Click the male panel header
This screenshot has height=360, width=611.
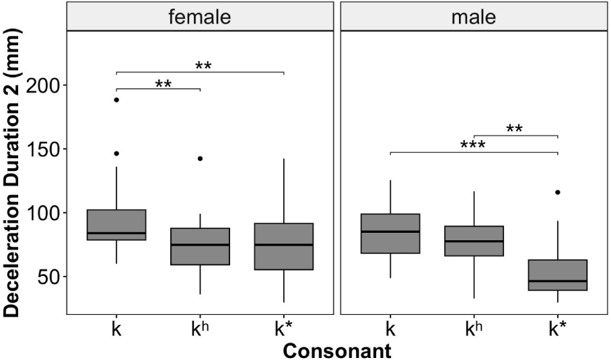pyautogui.click(x=474, y=16)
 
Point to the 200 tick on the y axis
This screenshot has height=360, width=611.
pyautogui.click(x=44, y=85)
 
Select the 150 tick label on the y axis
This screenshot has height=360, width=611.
pyautogui.click(x=44, y=149)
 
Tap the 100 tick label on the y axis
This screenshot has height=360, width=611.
pyautogui.click(x=44, y=213)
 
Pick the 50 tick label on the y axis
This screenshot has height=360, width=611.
pyautogui.click(x=49, y=277)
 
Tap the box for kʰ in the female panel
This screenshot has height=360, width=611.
pyautogui.click(x=200, y=246)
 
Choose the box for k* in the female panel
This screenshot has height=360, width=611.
pyautogui.click(x=283, y=246)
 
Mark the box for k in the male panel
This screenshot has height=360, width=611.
pyautogui.click(x=390, y=233)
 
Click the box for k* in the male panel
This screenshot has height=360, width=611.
pyautogui.click(x=557, y=275)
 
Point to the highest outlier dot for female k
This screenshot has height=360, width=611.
pyautogui.click(x=116, y=100)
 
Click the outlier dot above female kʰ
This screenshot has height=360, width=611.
pyautogui.click(x=200, y=159)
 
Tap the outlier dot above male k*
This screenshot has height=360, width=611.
pyautogui.click(x=557, y=192)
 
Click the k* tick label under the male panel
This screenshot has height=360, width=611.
pyautogui.click(x=557, y=330)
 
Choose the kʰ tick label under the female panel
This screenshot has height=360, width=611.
pyautogui.click(x=200, y=330)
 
